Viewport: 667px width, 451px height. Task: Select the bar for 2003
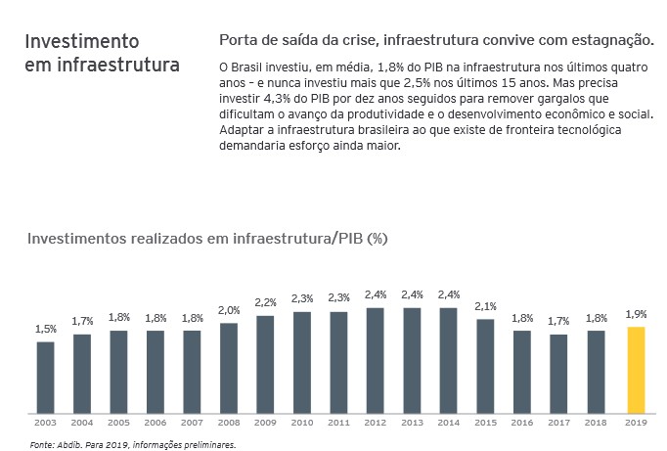tap(45, 377)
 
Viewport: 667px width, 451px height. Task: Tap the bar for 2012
tap(376, 359)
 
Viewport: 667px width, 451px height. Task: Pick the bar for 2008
tap(229, 367)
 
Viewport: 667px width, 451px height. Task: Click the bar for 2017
tap(559, 373)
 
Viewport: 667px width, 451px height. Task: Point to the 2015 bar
tap(485, 365)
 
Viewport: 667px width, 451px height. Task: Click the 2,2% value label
tap(265, 302)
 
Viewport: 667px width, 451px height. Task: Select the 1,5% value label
tap(45, 329)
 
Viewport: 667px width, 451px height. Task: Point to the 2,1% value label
tap(485, 305)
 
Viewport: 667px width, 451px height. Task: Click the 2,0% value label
tap(229, 310)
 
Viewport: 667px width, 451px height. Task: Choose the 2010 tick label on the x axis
tap(302, 423)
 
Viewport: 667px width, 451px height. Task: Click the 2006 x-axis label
tap(156, 423)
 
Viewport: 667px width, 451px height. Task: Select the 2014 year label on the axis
tap(449, 423)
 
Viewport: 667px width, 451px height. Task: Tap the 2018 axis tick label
tap(596, 423)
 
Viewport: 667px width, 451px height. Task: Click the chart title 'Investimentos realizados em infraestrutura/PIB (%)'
tap(208, 239)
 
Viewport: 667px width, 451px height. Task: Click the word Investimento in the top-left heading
tap(82, 42)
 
